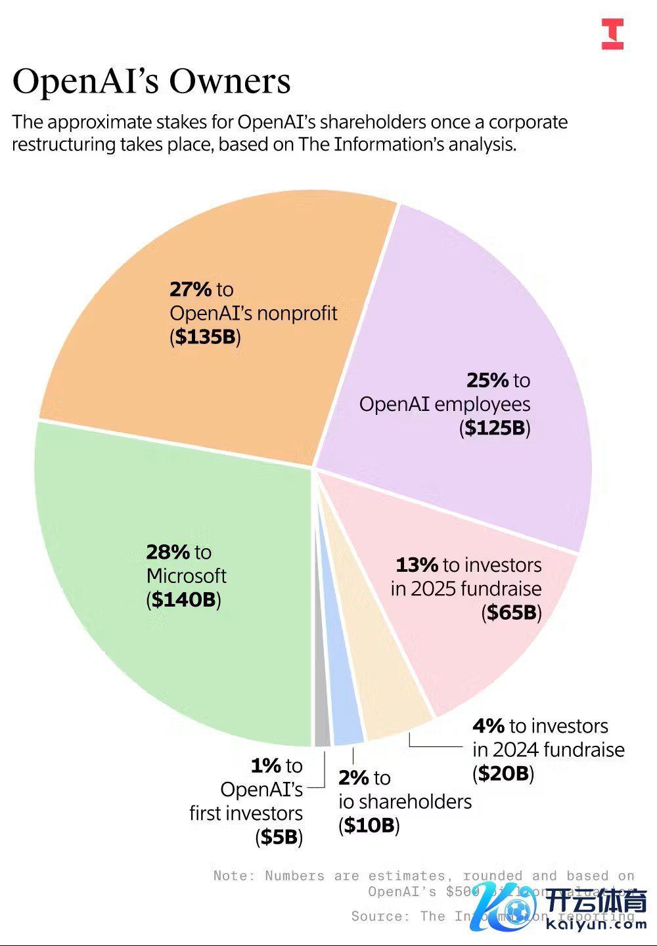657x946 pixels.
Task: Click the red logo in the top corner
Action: (612, 34)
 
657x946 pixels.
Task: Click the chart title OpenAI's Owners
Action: (151, 82)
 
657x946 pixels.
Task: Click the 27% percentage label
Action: (191, 290)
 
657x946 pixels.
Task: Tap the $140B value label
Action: (183, 599)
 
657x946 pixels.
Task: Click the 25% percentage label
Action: (487, 380)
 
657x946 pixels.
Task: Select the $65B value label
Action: (512, 613)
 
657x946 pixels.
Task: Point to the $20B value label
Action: (503, 773)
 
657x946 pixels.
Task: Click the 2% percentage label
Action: (353, 778)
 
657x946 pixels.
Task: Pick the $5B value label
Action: (279, 837)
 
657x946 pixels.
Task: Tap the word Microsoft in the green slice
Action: (186, 576)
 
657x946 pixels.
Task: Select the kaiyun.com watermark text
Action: (596, 924)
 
